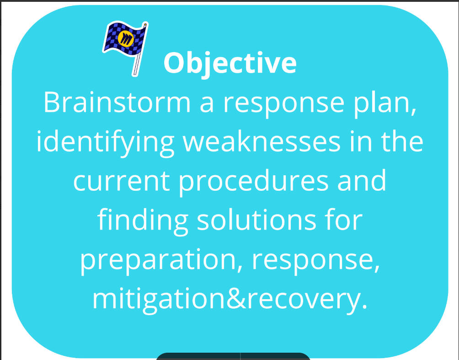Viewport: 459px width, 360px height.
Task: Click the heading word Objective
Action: (x=230, y=64)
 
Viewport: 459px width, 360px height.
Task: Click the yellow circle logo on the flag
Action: (x=126, y=38)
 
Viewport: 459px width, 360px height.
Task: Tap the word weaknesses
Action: (x=262, y=142)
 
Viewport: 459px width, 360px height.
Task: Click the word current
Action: (x=122, y=182)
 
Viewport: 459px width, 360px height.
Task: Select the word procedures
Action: (x=254, y=183)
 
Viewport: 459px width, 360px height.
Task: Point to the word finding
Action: (x=143, y=221)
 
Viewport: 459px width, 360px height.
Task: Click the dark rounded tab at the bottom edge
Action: (x=233, y=356)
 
